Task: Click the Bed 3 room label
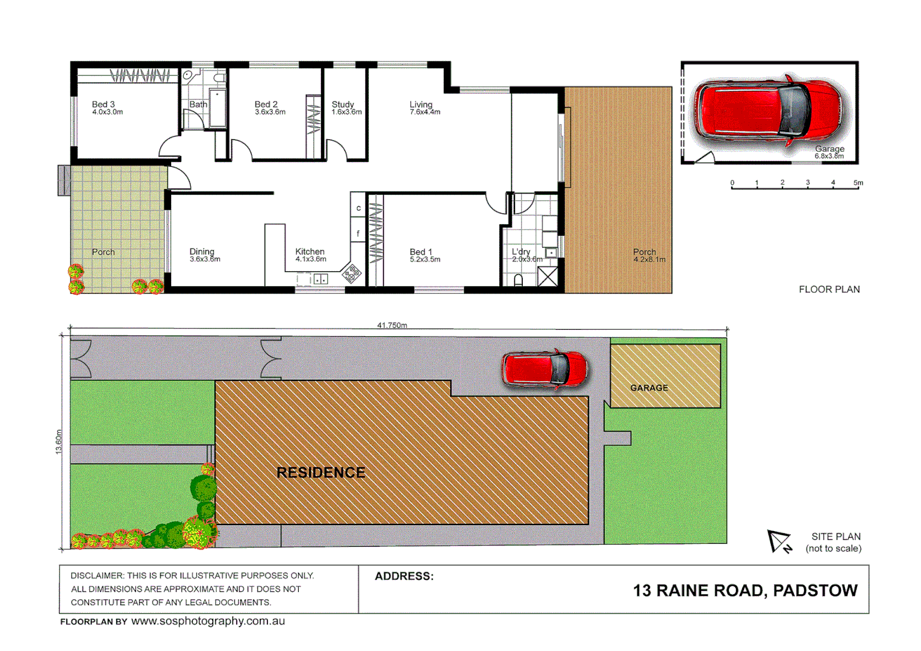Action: coord(103,104)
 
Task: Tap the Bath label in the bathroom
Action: coord(198,104)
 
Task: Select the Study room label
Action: coord(343,104)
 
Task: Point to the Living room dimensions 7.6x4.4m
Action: coord(425,112)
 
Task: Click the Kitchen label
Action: coord(310,251)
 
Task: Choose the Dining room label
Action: coord(202,251)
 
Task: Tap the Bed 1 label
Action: coord(420,252)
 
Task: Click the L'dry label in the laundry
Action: coord(521,252)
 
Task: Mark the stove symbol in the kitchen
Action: coord(352,273)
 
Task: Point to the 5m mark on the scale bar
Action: coord(858,183)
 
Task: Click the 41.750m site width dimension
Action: coord(392,325)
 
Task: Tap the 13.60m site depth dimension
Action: coord(59,441)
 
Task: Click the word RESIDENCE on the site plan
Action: coord(320,473)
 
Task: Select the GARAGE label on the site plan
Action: coord(649,388)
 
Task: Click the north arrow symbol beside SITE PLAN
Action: coord(779,541)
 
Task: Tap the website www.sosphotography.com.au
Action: coord(208,621)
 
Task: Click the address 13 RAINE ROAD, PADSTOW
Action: coord(745,591)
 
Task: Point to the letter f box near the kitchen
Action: coord(358,233)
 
